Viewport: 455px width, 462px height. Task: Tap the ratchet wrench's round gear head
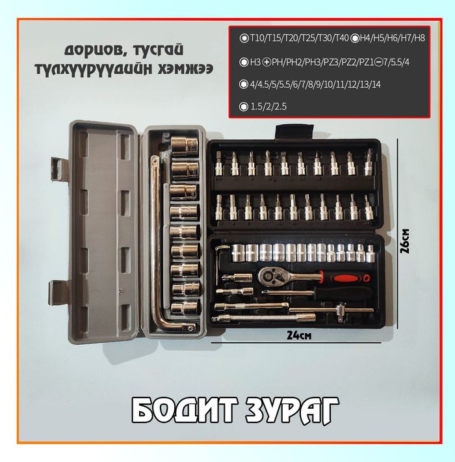click(269, 277)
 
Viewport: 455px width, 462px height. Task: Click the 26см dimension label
click(404, 240)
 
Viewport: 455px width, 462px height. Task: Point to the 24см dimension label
click(299, 335)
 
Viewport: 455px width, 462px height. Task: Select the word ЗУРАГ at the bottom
click(292, 410)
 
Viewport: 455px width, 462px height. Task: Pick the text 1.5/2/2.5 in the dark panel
click(268, 106)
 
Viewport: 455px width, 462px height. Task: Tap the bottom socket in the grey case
click(184, 308)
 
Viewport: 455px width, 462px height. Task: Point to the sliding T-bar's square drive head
click(341, 312)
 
